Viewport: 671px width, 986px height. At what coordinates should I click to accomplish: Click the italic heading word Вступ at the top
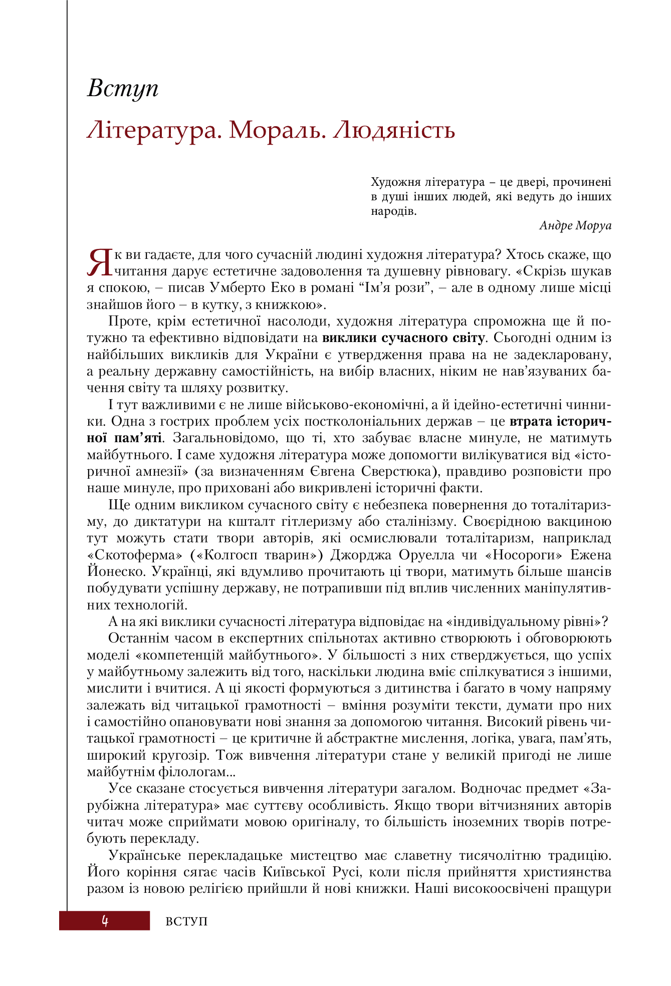point(123,90)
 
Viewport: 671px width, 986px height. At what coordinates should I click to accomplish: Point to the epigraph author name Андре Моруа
point(575,225)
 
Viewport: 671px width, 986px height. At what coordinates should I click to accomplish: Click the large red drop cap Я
point(99,262)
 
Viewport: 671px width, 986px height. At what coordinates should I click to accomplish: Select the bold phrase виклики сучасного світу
point(403,338)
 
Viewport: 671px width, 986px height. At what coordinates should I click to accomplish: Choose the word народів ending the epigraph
point(393,211)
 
